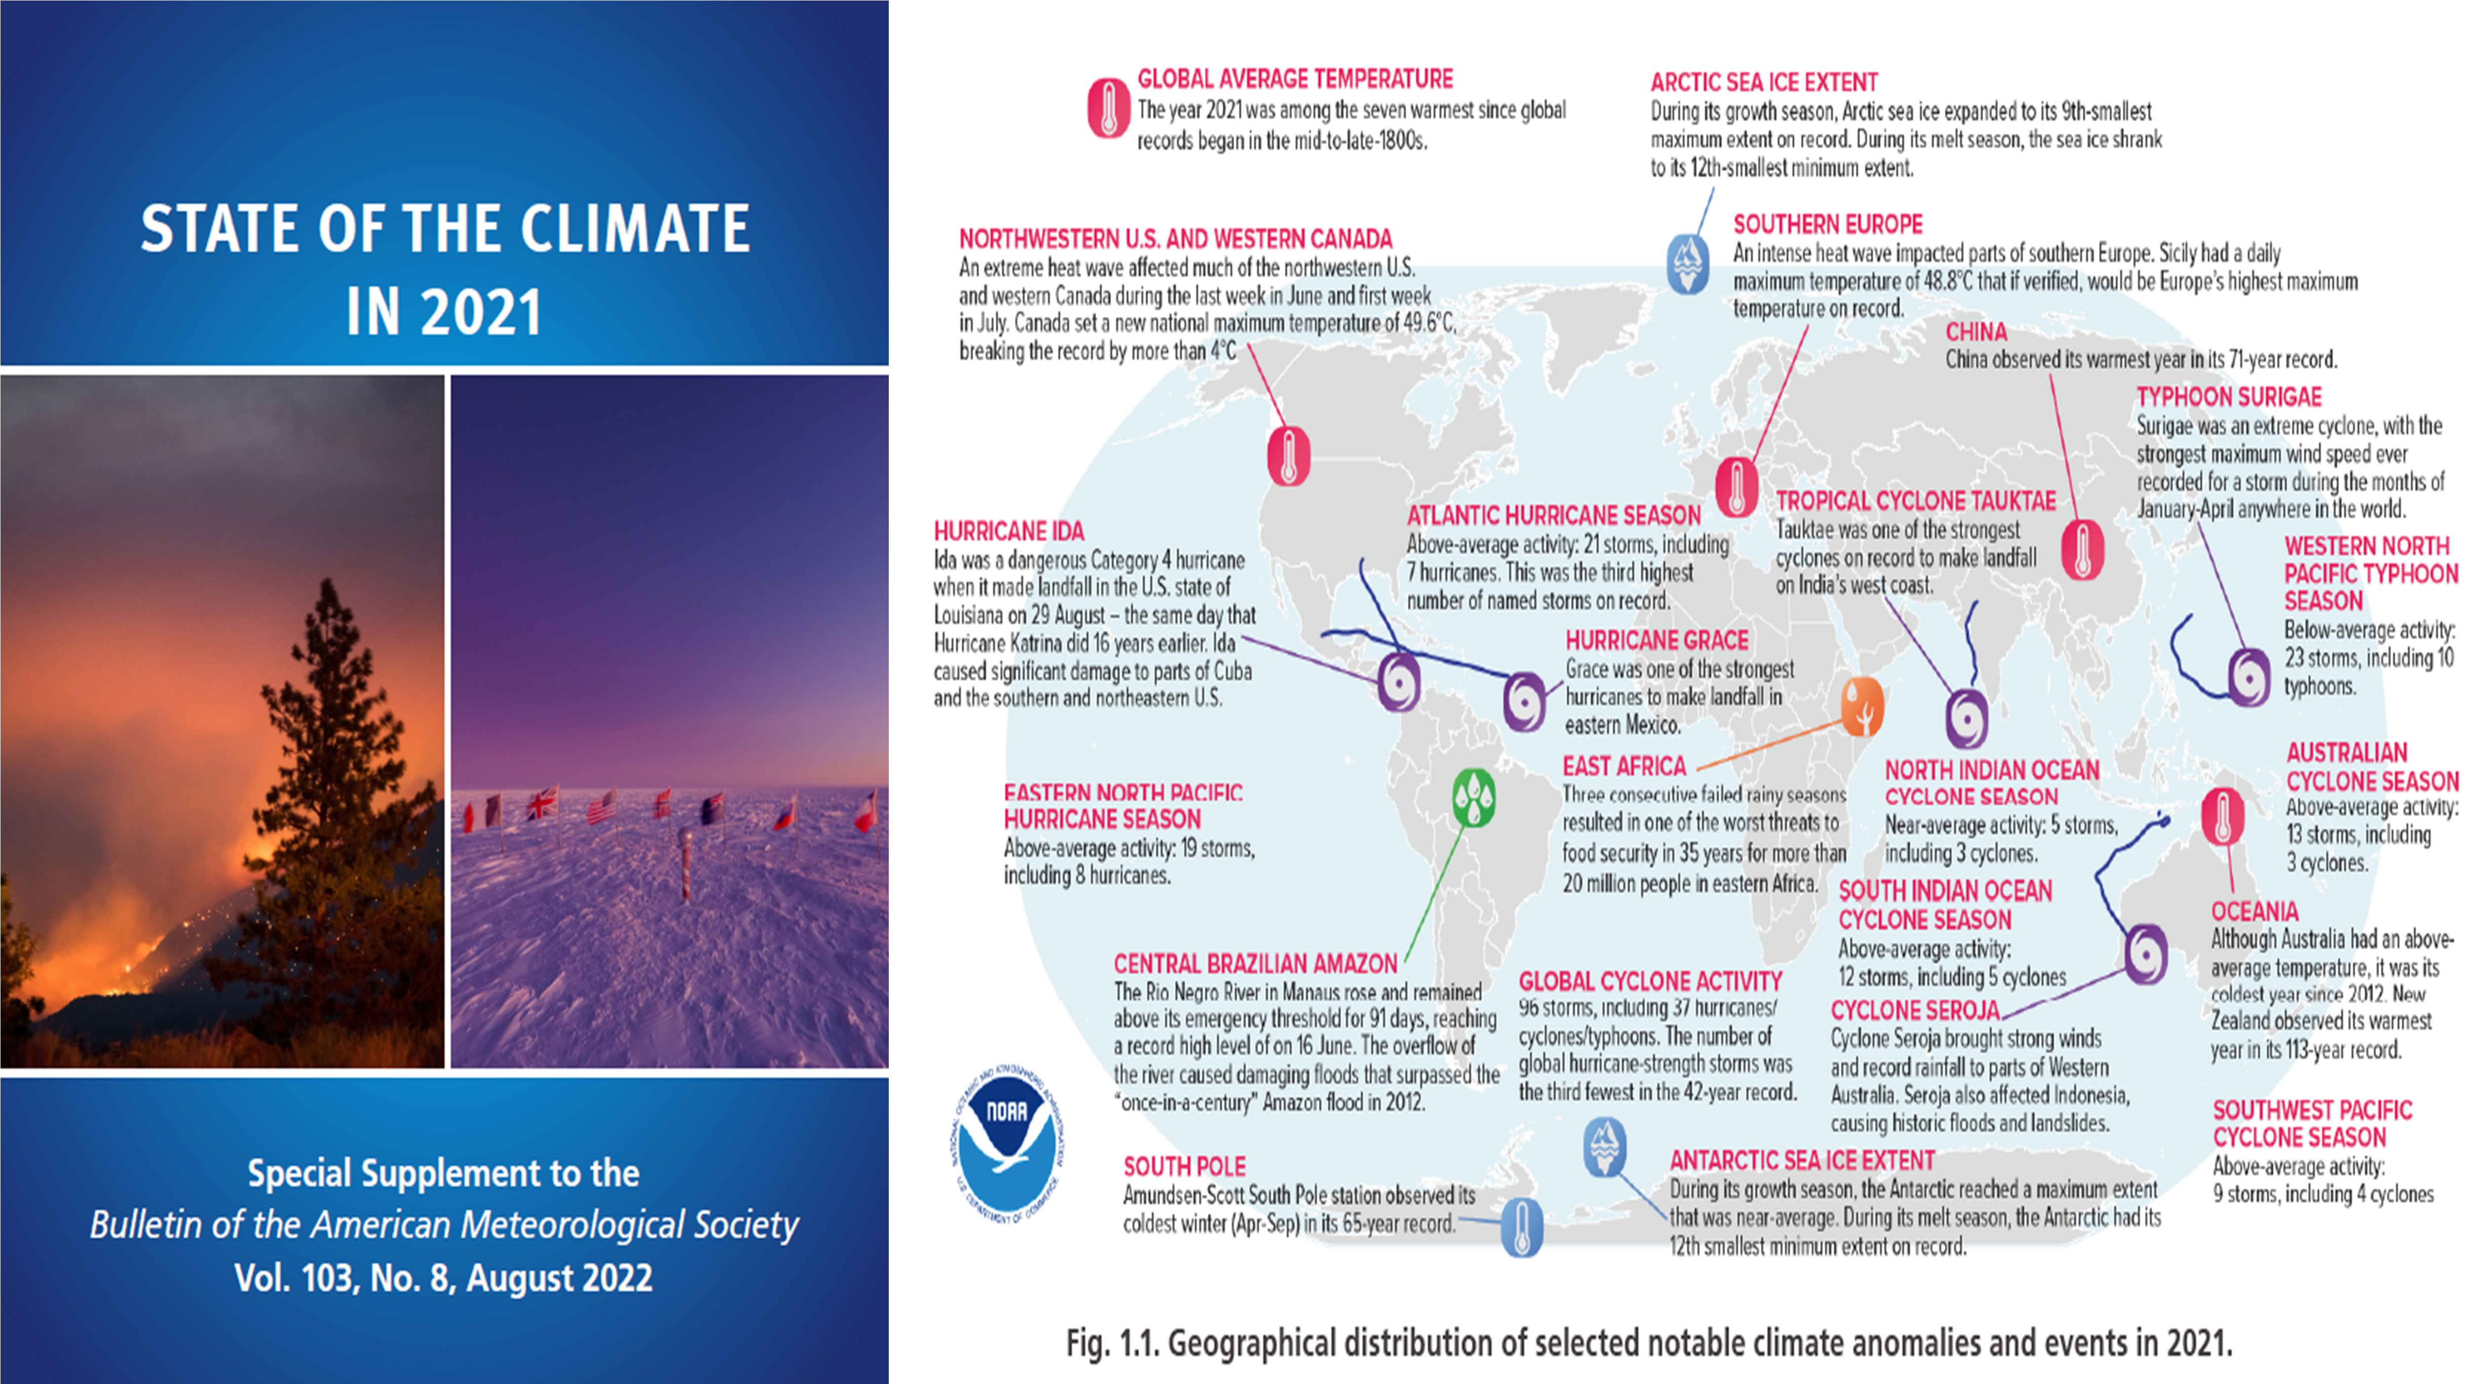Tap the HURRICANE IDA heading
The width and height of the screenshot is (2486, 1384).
pos(1008,531)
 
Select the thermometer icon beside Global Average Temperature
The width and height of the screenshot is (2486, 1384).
pos(1109,107)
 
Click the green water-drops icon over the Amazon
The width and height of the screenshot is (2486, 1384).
pos(1474,797)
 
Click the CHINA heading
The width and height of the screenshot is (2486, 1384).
pos(1976,332)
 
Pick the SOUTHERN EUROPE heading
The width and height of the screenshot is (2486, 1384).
pos(1828,224)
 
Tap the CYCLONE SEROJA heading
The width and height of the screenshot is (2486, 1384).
pos(1915,1010)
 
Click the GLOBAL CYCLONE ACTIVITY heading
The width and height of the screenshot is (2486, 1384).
pos(1650,981)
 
